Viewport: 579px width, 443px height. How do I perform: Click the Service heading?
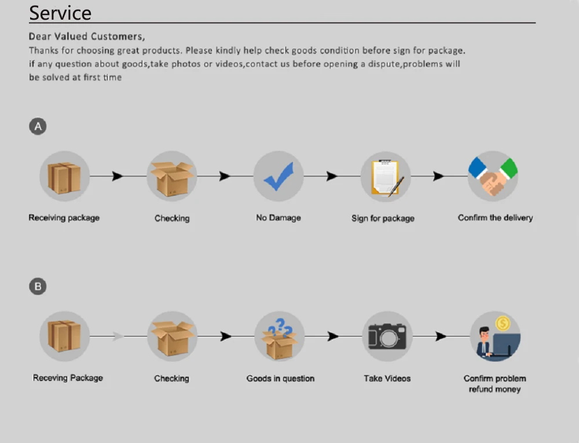[x=60, y=13]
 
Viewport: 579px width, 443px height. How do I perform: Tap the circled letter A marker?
[x=38, y=126]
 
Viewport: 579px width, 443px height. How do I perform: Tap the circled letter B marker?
[x=38, y=286]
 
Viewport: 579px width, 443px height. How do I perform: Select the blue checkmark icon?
[x=278, y=176]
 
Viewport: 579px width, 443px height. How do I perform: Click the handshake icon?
[x=493, y=176]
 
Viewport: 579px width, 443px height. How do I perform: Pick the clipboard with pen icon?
[x=386, y=177]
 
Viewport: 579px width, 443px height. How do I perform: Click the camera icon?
[x=387, y=336]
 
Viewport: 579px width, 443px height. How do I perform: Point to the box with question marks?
[x=279, y=337]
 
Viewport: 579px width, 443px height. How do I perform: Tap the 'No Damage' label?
[x=278, y=218]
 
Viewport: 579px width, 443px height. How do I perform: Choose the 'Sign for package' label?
[x=383, y=218]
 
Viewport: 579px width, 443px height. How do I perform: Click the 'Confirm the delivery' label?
[x=495, y=218]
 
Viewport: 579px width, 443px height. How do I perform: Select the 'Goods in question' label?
[x=280, y=378]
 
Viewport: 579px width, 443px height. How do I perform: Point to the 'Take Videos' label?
[x=387, y=378]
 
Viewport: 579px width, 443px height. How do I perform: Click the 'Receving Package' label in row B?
[x=68, y=378]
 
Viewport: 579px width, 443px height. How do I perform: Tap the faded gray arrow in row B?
[x=118, y=336]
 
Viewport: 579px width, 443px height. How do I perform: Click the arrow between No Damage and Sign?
[x=332, y=176]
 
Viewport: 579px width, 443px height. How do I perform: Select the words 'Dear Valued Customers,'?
[x=87, y=36]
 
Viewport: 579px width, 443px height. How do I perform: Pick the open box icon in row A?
[x=171, y=177]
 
